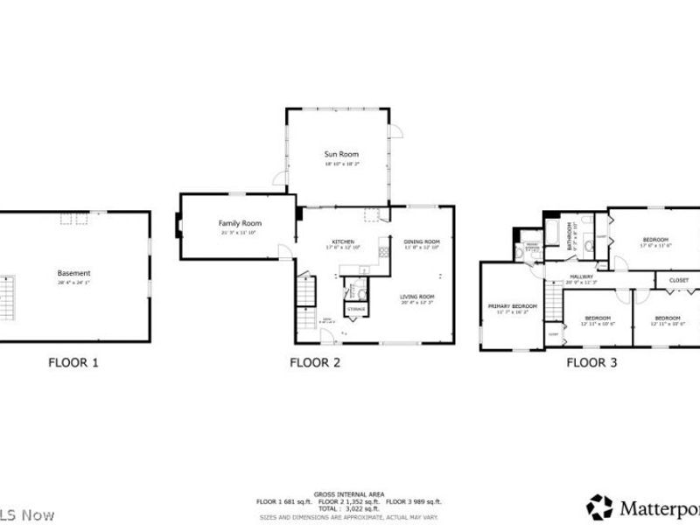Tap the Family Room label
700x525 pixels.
(x=240, y=223)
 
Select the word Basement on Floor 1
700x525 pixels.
(x=74, y=273)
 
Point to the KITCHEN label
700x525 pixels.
(x=341, y=241)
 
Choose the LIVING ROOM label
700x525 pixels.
(x=417, y=297)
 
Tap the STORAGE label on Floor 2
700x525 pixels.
(x=356, y=310)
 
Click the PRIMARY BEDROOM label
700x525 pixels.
(x=512, y=305)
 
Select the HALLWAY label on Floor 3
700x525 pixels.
(x=581, y=276)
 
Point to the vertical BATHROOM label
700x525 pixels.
(x=570, y=235)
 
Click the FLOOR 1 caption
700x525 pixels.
(x=73, y=361)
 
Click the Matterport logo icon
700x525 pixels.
(x=599, y=507)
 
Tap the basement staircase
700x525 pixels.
(x=7, y=297)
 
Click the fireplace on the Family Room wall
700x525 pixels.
(x=178, y=227)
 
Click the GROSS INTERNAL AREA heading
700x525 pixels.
(x=348, y=494)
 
